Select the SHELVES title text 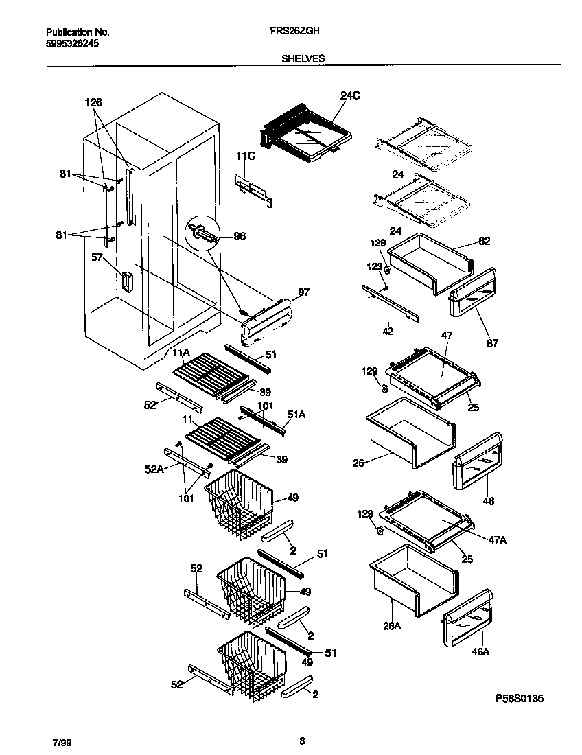(303, 59)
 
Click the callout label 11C (245, 157)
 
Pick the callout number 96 (239, 236)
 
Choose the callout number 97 (303, 292)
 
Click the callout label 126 (93, 102)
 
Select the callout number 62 (485, 242)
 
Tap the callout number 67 (493, 343)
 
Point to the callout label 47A (497, 540)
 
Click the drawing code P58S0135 (520, 699)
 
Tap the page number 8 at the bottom (302, 741)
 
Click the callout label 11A (181, 352)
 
